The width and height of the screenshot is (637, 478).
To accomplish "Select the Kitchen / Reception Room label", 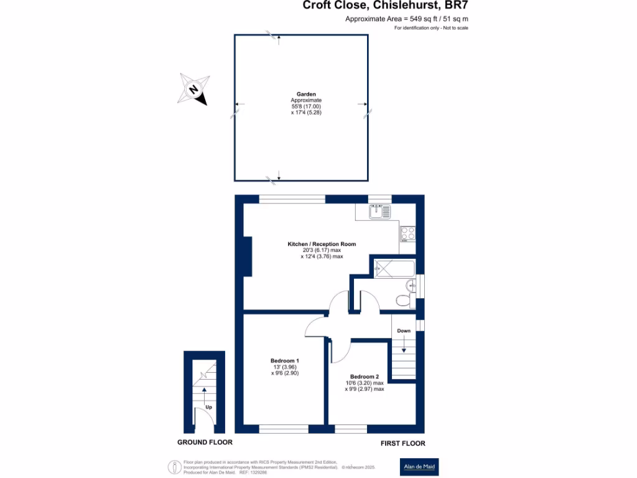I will pos(321,244).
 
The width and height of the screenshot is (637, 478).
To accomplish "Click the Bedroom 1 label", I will pos(285,361).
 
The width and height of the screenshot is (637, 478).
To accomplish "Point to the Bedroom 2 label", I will pos(364,377).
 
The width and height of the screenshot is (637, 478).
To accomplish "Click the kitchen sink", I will pos(380,212).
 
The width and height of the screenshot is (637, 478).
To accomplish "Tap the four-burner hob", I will pos(407,233).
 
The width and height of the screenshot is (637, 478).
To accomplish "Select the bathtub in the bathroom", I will pos(394,268).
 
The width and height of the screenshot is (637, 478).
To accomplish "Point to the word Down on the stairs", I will pos(404,330).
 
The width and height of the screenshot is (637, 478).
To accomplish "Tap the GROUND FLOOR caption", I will pos(205,443).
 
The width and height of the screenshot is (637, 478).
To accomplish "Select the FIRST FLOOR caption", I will pos(403,443).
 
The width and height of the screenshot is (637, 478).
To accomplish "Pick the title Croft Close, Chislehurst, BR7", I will pos(385,6).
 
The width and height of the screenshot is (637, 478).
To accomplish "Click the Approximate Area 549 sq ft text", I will pos(407,19).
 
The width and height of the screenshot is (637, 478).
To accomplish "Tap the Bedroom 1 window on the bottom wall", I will pos(284,429).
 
